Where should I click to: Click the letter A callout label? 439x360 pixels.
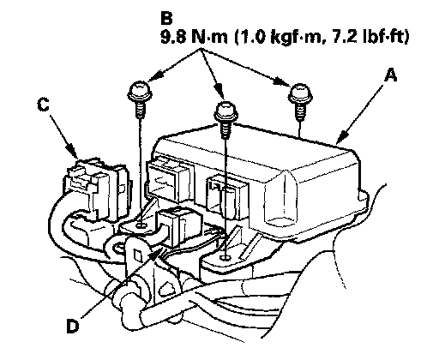click(390, 75)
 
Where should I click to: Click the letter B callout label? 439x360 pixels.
click(166, 18)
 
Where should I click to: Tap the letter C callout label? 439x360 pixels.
click(44, 104)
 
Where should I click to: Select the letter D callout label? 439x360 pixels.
click(73, 326)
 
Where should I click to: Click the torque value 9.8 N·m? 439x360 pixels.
click(195, 37)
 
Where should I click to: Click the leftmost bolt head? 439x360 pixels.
click(140, 91)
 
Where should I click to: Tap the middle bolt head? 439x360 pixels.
click(226, 111)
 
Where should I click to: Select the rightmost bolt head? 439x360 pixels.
click(300, 93)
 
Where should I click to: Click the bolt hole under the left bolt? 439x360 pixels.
click(141, 226)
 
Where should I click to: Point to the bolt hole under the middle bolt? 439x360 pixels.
click(226, 258)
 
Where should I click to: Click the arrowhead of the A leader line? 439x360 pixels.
click(340, 138)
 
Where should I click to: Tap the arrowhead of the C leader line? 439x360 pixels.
click(72, 151)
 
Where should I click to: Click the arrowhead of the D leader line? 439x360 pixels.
click(156, 252)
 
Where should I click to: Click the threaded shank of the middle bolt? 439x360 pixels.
click(226, 129)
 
